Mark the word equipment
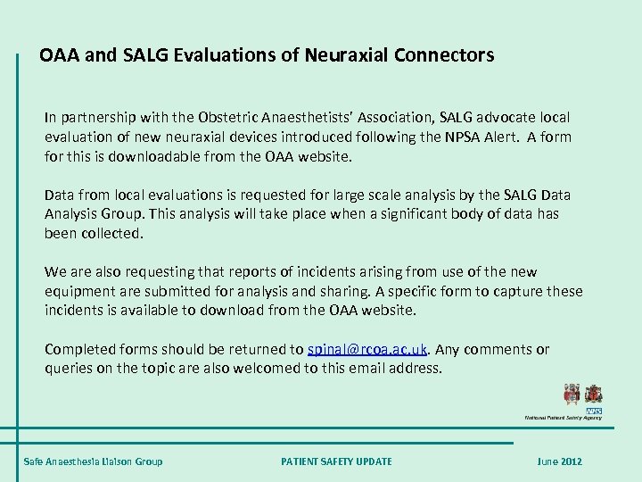tap(79, 291)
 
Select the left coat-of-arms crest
tap(572, 393)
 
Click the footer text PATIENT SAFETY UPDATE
tap(336, 461)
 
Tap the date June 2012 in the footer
tap(559, 461)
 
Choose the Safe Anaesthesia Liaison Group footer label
tap(93, 461)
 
